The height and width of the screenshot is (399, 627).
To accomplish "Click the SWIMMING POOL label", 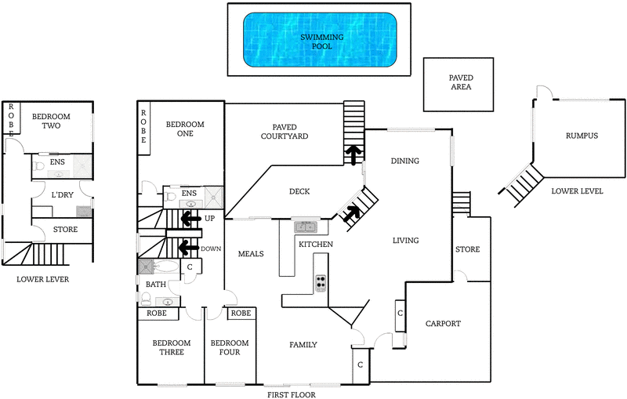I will tap(317, 42).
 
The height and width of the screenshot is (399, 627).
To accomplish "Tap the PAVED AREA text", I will tap(460, 83).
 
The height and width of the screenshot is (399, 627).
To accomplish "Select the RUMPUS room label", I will tap(582, 136).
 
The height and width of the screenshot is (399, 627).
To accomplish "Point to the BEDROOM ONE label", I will tap(185, 129).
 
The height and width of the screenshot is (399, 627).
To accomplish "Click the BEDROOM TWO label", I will tap(51, 122).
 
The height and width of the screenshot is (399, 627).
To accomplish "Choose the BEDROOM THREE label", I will tap(171, 348).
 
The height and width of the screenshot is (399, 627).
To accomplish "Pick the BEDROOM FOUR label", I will tap(230, 348).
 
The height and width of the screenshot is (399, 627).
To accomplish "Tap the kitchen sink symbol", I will tap(306, 227).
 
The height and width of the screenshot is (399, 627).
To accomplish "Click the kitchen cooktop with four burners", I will tap(321, 284).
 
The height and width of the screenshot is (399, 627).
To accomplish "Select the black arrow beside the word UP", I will tap(188, 219).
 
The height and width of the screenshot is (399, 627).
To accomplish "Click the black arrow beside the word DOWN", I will tap(188, 248).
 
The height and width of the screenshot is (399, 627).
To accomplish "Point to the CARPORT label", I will tap(443, 324).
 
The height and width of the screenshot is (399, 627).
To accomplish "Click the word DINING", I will tap(404, 161).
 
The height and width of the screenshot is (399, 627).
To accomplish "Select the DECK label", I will tap(299, 191).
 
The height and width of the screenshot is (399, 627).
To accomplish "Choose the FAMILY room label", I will tap(303, 344).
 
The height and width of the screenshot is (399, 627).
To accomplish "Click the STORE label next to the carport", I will tap(467, 250).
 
